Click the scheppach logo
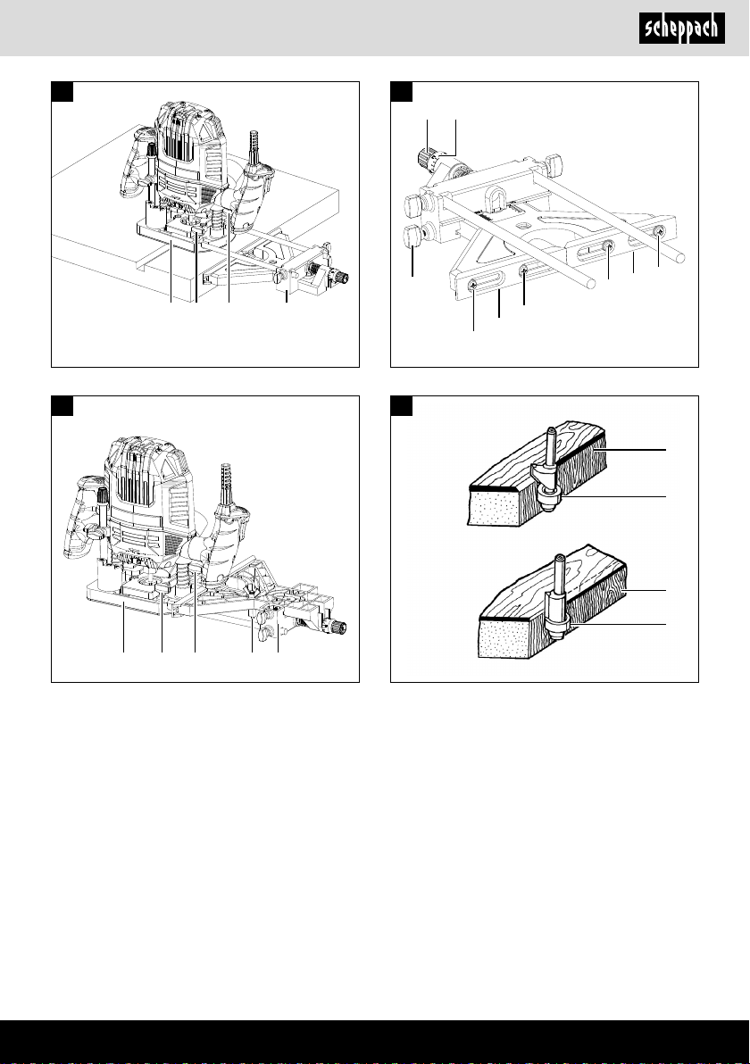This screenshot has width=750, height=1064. pos(681,29)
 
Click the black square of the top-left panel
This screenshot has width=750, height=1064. pos(62,92)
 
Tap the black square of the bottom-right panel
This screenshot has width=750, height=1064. pos(402,406)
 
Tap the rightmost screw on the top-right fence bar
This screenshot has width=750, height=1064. pos(659,233)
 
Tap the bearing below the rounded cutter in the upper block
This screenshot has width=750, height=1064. pos(547,501)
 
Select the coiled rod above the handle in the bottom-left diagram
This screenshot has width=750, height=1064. pos(227,483)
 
